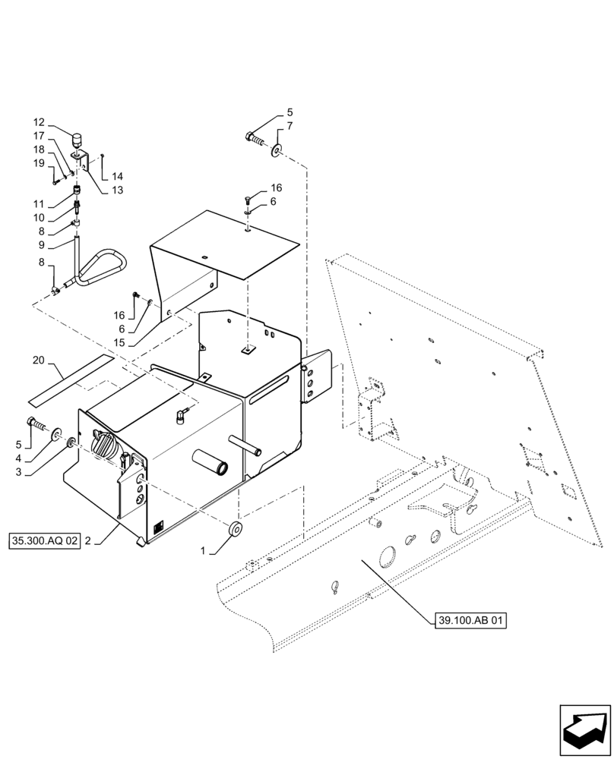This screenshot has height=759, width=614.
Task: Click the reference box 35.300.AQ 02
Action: [44, 541]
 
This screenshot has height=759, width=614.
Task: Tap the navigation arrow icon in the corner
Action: [584, 729]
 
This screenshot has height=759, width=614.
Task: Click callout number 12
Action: [39, 122]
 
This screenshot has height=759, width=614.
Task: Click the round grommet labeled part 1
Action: [236, 529]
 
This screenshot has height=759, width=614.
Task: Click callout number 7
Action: [290, 125]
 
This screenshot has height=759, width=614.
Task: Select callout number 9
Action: [39, 246]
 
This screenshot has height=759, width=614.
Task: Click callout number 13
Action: [118, 190]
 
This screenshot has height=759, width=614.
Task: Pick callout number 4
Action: [39, 458]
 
